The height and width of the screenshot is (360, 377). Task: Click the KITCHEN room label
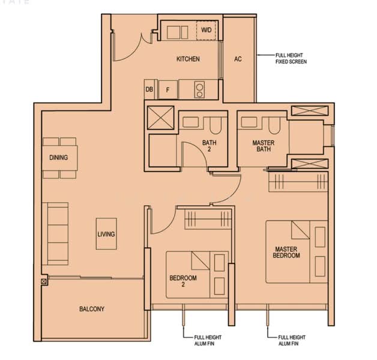point(188,59)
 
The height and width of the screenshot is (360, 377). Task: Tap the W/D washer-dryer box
point(206,31)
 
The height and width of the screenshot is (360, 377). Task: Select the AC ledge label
point(238,59)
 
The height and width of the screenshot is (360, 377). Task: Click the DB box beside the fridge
point(149,89)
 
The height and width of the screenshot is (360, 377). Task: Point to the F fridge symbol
point(167,89)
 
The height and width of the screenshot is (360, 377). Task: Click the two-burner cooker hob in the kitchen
point(199,89)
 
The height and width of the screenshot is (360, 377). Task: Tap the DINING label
point(59,158)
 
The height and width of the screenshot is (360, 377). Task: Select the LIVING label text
point(106,235)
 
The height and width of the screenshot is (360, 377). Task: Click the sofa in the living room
point(55,233)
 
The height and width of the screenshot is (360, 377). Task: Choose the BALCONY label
point(92,309)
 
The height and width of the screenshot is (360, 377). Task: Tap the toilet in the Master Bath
point(274,125)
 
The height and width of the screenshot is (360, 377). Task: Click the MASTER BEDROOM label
point(287,252)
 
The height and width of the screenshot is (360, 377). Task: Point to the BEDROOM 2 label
point(182,281)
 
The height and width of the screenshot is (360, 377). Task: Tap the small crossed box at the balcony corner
point(44,281)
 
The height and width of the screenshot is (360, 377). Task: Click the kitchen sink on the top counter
point(178,31)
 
